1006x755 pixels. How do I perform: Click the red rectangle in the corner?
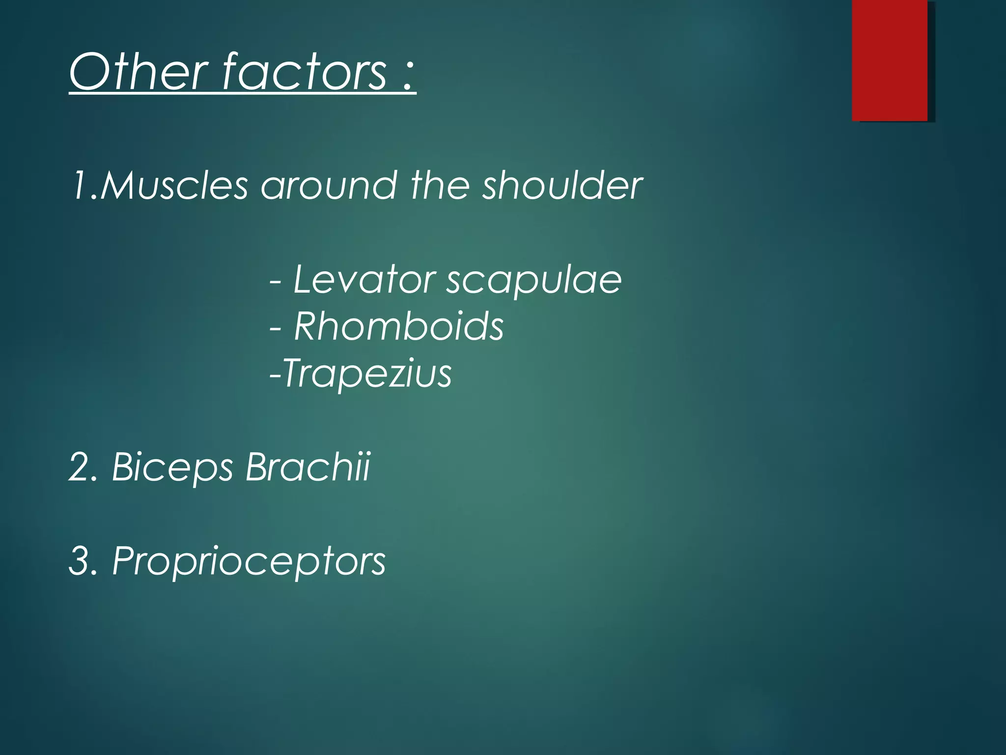pyautogui.click(x=890, y=60)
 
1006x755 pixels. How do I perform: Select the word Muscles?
pyautogui.click(x=174, y=186)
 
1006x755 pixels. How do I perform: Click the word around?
pyautogui.click(x=329, y=186)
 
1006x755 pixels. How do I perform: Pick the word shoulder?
pyautogui.click(x=562, y=186)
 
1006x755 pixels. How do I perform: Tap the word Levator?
pyautogui.click(x=363, y=280)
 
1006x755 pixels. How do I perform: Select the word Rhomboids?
pyautogui.click(x=398, y=326)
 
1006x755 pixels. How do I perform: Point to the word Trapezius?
pyautogui.click(x=367, y=374)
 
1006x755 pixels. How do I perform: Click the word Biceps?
pyautogui.click(x=172, y=467)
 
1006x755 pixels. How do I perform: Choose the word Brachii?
pyautogui.click(x=307, y=466)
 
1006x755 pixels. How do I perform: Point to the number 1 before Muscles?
pyautogui.click(x=80, y=186)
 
